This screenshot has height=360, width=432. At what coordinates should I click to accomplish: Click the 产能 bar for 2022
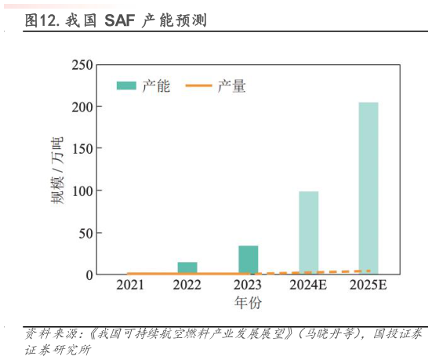(x=187, y=267)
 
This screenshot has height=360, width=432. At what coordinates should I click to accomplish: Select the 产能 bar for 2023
(x=249, y=260)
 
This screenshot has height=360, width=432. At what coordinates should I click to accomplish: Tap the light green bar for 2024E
(x=309, y=233)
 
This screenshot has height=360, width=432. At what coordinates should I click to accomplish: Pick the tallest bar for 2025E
(x=368, y=188)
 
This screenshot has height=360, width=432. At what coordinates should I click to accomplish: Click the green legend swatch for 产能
(x=126, y=85)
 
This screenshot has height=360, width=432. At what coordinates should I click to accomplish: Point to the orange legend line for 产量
(x=199, y=85)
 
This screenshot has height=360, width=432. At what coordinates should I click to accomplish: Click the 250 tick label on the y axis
(x=82, y=65)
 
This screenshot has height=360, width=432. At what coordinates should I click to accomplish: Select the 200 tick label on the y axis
(x=82, y=107)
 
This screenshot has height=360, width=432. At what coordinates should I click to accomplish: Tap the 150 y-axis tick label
(x=82, y=149)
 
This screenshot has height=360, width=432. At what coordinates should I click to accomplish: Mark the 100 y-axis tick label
(x=82, y=191)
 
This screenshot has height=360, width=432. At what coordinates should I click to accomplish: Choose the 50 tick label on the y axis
(x=86, y=234)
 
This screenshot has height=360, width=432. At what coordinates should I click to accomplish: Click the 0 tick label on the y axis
(x=89, y=275)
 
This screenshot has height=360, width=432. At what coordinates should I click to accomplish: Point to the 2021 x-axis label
(x=130, y=285)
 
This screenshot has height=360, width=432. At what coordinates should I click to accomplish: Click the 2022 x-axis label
(x=187, y=285)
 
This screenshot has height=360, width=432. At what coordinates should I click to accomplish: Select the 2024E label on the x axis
(x=308, y=285)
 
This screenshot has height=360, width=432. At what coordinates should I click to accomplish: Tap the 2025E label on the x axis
(x=368, y=285)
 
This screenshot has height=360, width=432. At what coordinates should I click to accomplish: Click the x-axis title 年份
(x=248, y=303)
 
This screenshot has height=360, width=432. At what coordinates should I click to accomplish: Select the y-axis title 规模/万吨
(x=57, y=170)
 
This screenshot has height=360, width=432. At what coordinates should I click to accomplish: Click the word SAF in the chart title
(x=120, y=20)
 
